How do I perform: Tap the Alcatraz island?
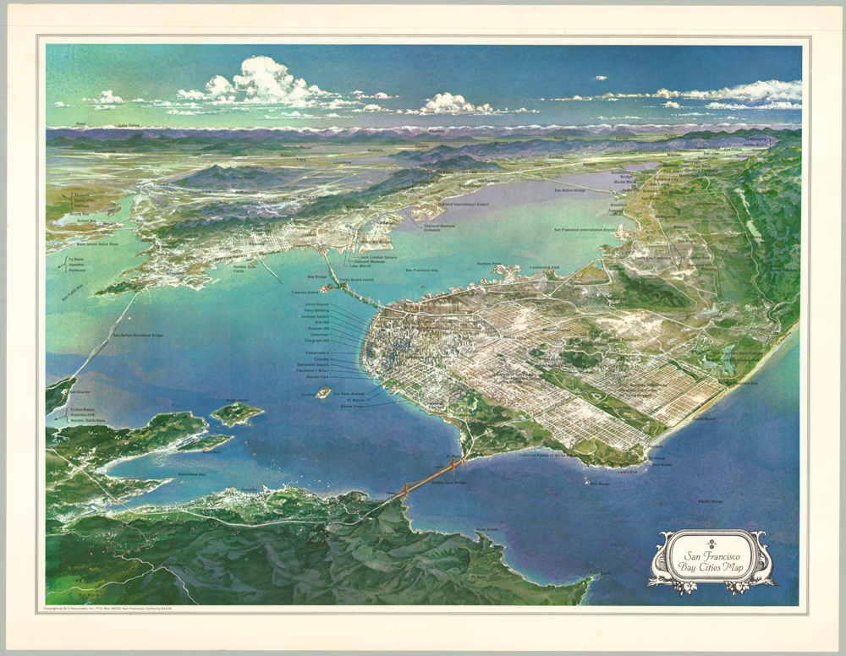[x=323, y=392]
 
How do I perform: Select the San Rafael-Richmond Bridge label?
[x=138, y=336]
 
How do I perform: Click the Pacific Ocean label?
[x=710, y=501]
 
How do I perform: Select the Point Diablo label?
[x=486, y=530]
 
